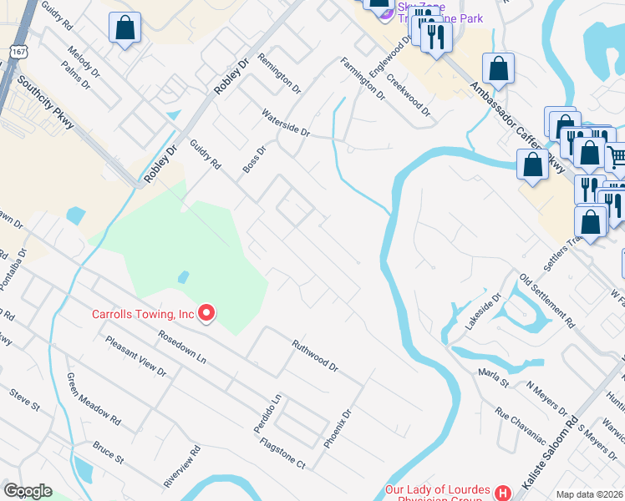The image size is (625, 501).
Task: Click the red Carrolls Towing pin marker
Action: pyautogui.click(x=206, y=314)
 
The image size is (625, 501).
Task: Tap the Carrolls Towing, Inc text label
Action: pyautogui.click(x=142, y=315)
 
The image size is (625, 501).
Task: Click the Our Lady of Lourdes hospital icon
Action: pyautogui.click(x=502, y=493)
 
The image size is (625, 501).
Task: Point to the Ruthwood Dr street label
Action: pyautogui.click(x=314, y=355)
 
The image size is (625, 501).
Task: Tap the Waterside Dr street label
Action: pyautogui.click(x=286, y=122)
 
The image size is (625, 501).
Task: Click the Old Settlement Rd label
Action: pyautogui.click(x=547, y=299)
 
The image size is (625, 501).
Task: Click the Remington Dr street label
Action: pyautogui.click(x=279, y=71)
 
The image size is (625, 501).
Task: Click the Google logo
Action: pyautogui.click(x=28, y=491)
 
